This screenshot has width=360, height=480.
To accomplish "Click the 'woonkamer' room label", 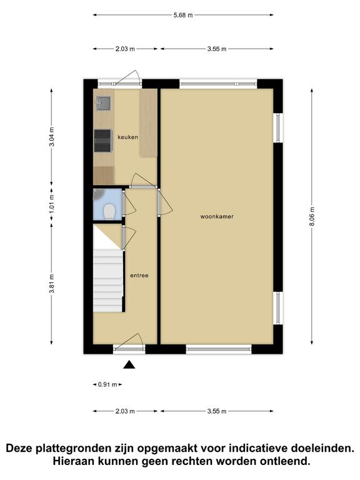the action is pos(217,216).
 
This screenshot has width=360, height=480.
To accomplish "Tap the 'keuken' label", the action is pos(127,137).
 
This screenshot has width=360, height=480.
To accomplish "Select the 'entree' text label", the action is pos(139,276).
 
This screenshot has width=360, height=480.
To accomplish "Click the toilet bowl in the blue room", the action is pos(109,212).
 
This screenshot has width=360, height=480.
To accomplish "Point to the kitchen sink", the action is pos(104,103).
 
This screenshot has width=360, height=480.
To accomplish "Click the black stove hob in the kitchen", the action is pos(102,141).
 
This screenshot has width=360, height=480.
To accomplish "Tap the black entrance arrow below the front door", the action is pos(129,364).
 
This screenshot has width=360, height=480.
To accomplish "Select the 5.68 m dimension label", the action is pos(183,15).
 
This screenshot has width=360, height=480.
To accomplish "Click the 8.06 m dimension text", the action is pos(312,216).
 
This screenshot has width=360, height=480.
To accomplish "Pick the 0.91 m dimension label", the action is pos(107,384).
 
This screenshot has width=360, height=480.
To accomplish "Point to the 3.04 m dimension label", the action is pos(52,136).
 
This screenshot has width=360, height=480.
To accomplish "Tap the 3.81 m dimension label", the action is pos(52,284).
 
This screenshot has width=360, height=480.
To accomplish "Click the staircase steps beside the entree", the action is pos(108,281).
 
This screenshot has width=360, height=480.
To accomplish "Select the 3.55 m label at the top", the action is pos(217,49).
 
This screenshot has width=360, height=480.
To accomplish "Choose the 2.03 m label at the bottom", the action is pos(125,411).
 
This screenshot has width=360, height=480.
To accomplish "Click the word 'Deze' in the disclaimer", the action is pos(20,449).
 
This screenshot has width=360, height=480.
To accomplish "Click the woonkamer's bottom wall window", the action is pos(219,349).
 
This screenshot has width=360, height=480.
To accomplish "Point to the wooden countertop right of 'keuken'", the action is pos(149,123).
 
